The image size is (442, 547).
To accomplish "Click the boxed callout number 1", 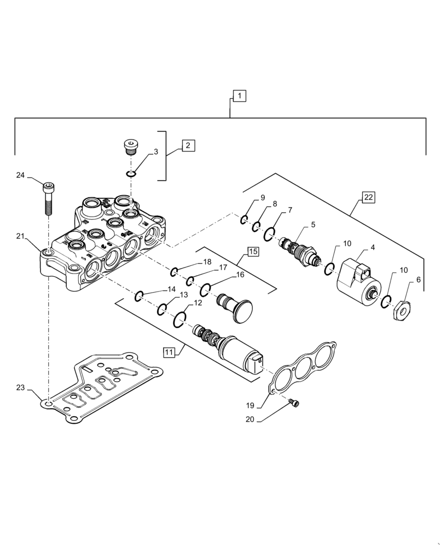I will tap(240, 96).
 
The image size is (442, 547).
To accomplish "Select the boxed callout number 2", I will tap(188, 146).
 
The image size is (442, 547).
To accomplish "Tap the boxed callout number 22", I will tap(369, 197).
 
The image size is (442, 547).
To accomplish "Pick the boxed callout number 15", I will tap(253, 252).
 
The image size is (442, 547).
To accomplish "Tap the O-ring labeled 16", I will tap(205, 289).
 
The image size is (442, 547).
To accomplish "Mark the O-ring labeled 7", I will tap(269, 235).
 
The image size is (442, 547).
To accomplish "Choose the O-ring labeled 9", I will tap(244, 220).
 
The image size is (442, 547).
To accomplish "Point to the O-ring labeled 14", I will tap(139, 296).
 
